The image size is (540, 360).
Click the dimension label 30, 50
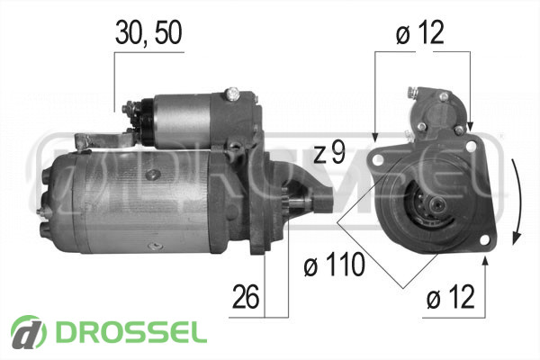coord(148,32)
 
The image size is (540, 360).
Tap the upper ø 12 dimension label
coord(419,32)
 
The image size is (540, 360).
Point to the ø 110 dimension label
coord(334,265)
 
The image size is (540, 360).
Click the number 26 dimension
coord(246,297)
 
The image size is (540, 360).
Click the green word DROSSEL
coord(131,332)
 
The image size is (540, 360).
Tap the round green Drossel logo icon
coord(29,332)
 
